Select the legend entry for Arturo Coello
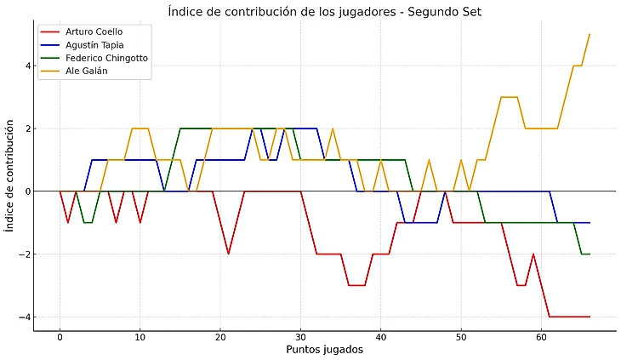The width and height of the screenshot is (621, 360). pyautogui.click(x=94, y=31)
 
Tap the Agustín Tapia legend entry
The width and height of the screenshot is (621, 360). pyautogui.click(x=94, y=44)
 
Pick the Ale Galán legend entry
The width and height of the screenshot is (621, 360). pyautogui.click(x=86, y=71)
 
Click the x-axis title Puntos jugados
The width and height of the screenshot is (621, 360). pyautogui.click(x=326, y=350)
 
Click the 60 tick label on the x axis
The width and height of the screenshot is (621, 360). pyautogui.click(x=541, y=337)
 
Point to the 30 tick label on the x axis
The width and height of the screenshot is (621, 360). pyautogui.click(x=300, y=337)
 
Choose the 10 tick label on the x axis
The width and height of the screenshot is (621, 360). pyautogui.click(x=140, y=337)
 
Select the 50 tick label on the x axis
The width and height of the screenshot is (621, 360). pyautogui.click(x=461, y=337)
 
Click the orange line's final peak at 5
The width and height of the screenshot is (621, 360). pyautogui.click(x=590, y=34)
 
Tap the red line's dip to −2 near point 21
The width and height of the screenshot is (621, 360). pyautogui.click(x=228, y=254)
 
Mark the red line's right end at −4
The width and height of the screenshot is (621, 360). pyautogui.click(x=590, y=317)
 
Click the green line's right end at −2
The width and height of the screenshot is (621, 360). pyautogui.click(x=590, y=254)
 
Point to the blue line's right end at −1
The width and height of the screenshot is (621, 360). pyautogui.click(x=590, y=222)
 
